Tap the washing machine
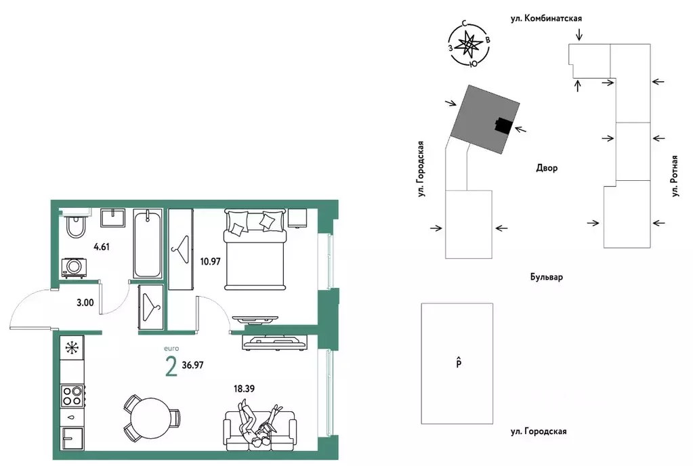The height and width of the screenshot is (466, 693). click(75, 268)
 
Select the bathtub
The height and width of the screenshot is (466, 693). click(148, 243)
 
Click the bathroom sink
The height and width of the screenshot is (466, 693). click(114, 218)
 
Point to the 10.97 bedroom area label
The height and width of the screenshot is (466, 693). click(210, 261)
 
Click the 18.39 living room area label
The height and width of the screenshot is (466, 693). click(244, 389)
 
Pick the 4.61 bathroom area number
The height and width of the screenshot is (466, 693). click(102, 247)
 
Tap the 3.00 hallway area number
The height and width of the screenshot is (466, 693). click(85, 303)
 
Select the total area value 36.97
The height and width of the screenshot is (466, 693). click(192, 365)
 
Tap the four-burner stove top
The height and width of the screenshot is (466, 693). click(72, 396)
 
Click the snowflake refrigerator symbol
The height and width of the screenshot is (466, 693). click(71, 348)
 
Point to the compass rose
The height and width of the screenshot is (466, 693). click(469, 44)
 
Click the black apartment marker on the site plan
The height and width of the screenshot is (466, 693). click(503, 125)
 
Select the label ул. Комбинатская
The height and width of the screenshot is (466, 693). click(546, 18)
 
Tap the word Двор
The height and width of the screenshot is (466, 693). click(547, 168)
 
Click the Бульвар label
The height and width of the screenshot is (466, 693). click(547, 277)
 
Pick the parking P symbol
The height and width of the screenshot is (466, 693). click(459, 363)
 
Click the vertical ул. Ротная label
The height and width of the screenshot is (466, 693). click(675, 176)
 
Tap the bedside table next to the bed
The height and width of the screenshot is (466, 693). click(297, 218)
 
